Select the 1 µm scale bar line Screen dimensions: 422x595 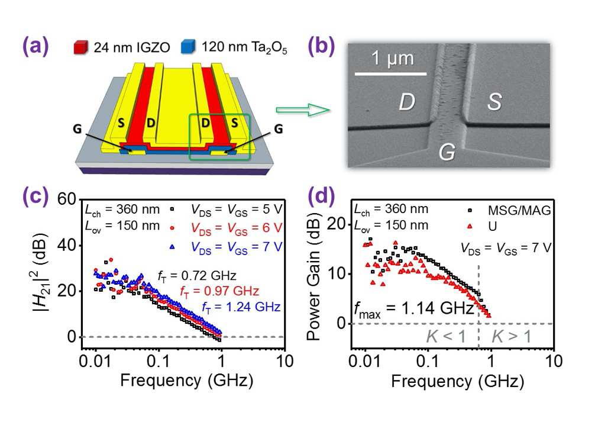tap(390, 73)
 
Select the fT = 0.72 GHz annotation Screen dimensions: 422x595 tap(197, 276)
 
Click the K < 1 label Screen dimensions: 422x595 tap(447, 337)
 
